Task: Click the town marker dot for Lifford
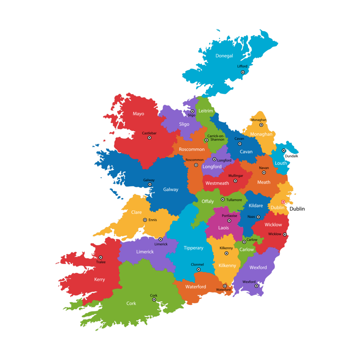point(243,72)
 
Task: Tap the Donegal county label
point(224,56)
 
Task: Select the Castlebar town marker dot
point(149,138)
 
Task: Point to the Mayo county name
point(139,114)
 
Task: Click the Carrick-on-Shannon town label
point(216,138)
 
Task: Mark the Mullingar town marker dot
point(235,181)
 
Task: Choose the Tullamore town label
point(234,200)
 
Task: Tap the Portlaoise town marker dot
point(229,221)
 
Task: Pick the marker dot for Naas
point(258,217)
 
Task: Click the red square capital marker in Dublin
point(283,202)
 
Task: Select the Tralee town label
point(101,262)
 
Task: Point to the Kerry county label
point(99,280)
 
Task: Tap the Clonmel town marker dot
point(199,270)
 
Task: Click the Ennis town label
point(153,220)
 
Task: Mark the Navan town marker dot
point(264,173)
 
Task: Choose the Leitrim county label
point(206,111)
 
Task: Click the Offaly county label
point(207,201)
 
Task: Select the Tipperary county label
point(193,248)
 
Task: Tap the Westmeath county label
point(217,183)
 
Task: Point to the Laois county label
point(224,228)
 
